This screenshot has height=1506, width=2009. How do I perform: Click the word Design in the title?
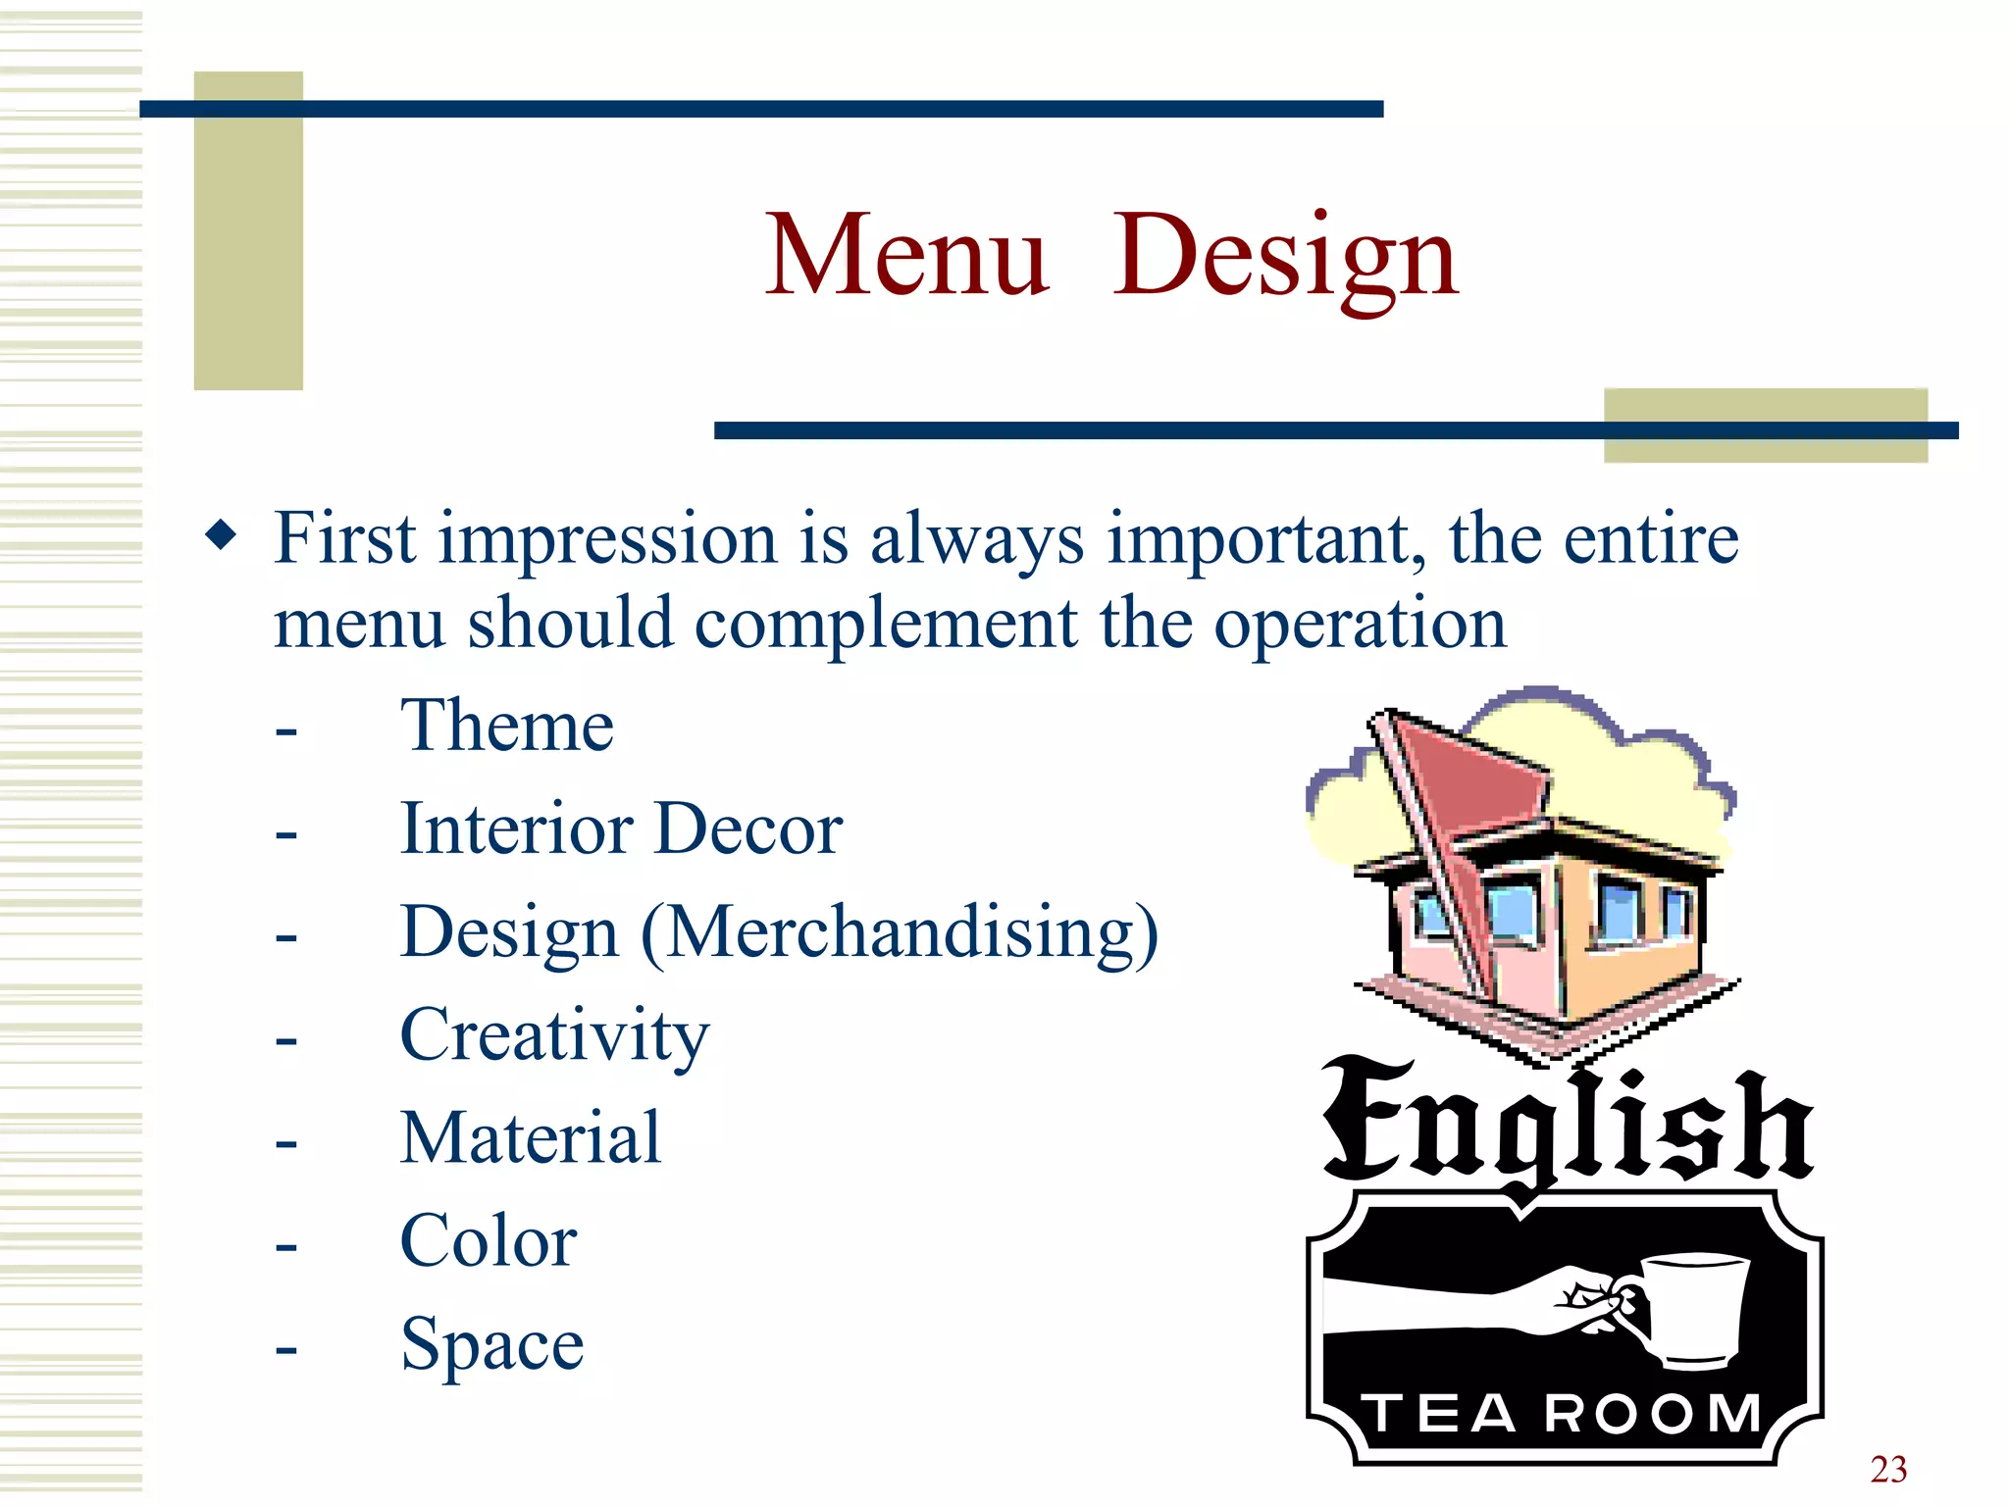(x=1286, y=257)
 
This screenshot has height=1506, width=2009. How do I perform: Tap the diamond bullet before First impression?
(x=222, y=535)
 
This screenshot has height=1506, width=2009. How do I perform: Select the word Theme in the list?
(x=507, y=727)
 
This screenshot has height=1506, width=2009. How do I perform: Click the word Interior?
(x=516, y=829)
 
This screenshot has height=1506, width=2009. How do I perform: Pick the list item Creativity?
(x=554, y=1036)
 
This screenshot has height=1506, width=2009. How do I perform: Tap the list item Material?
(x=531, y=1138)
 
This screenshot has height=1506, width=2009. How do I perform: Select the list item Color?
(x=489, y=1241)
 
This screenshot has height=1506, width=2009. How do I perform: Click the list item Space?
(x=492, y=1345)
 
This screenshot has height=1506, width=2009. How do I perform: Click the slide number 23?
(x=1888, y=1469)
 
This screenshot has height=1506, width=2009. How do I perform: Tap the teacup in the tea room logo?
(x=1695, y=1308)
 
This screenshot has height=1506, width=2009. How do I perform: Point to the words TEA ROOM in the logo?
(x=1564, y=1413)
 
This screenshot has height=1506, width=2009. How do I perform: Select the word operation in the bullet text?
(x=1360, y=625)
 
